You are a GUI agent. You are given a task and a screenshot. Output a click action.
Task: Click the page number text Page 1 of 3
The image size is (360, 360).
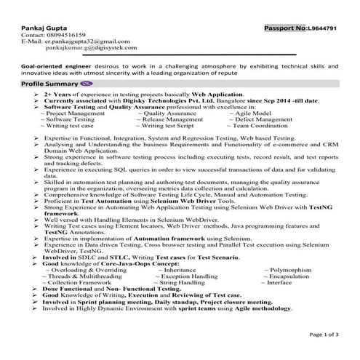point(324,334)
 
